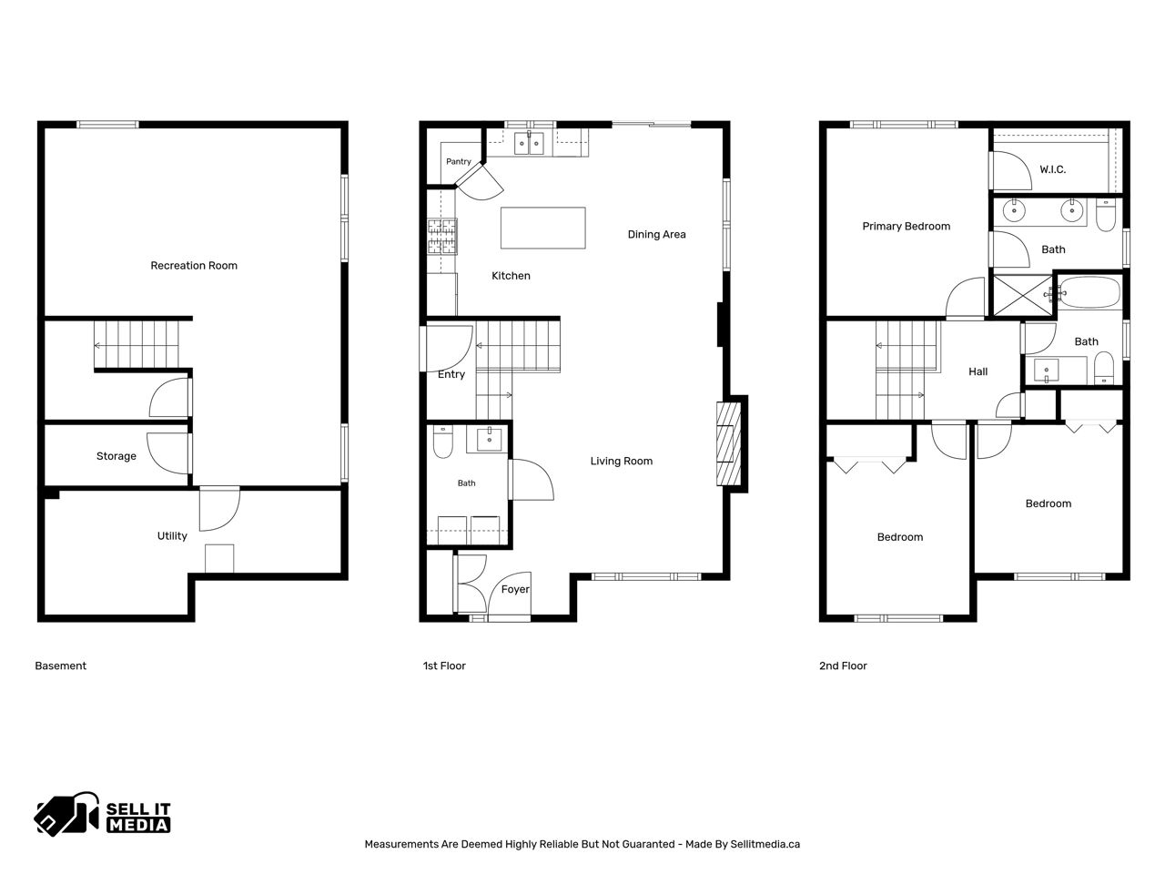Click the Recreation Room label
point(194,265)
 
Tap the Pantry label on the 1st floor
point(459,161)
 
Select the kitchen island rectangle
point(543,228)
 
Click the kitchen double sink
point(529,143)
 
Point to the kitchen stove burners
point(442,236)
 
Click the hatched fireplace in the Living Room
point(728,443)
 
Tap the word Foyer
point(515,589)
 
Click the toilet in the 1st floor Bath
point(442,442)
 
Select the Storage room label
point(116,456)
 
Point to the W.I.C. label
point(1052,169)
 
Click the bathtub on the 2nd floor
point(1089,292)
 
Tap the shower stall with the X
point(1022,296)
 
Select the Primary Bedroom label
point(906,226)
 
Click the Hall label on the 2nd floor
point(978,371)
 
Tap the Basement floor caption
point(60,666)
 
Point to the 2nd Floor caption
point(843,666)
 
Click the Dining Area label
point(656,234)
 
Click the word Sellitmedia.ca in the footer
point(765,844)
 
